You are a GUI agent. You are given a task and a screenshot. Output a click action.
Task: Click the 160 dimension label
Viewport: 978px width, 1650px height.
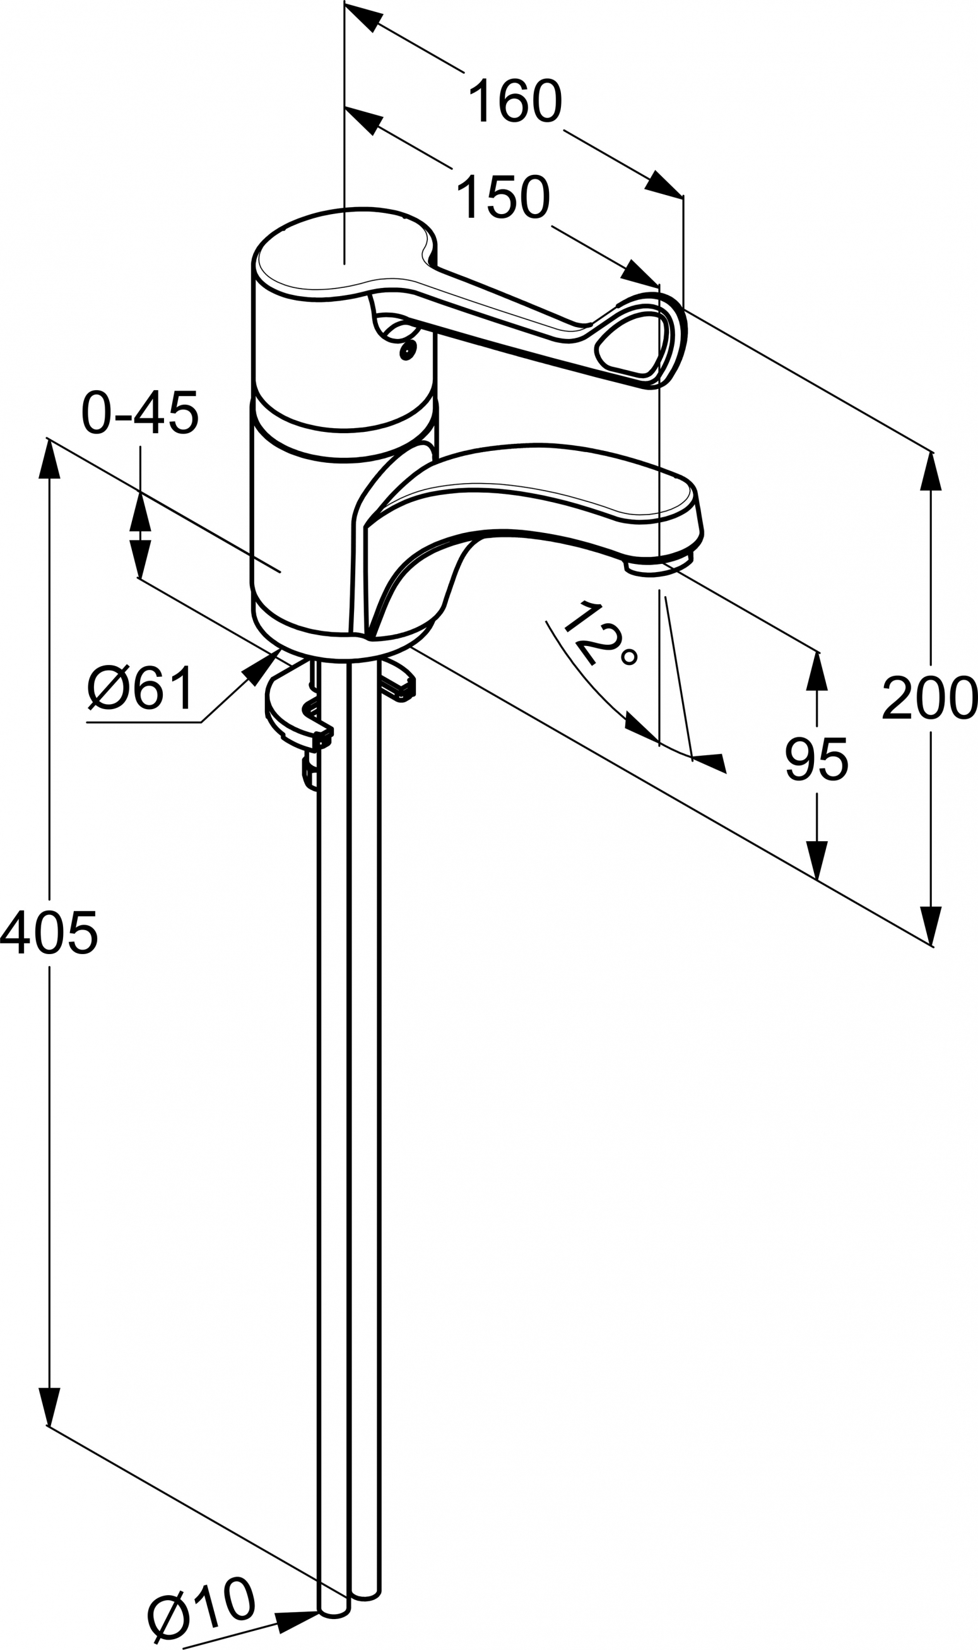coord(515,101)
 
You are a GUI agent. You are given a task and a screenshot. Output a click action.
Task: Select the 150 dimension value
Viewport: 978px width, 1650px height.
coord(503,197)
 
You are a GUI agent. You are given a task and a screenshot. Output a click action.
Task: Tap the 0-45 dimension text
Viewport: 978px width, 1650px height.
coord(139,414)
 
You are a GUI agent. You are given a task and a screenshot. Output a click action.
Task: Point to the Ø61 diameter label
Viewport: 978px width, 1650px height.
coord(141,688)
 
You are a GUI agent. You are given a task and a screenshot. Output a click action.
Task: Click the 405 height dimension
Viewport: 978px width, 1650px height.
coord(49,933)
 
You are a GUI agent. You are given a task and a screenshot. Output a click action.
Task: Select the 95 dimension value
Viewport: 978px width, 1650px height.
coord(816,759)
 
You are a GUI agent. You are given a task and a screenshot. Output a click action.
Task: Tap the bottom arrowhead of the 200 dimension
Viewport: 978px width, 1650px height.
coord(930,926)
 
